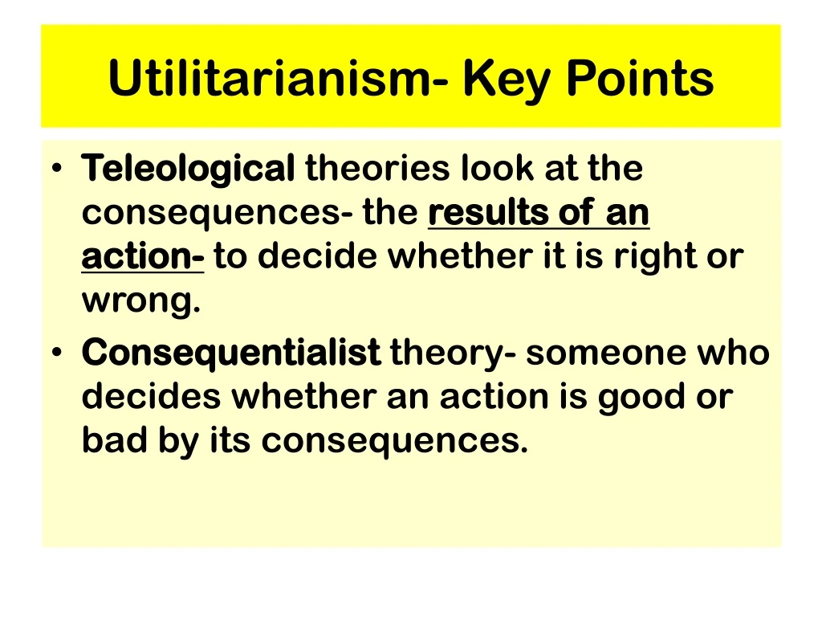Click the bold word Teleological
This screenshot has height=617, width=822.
189,169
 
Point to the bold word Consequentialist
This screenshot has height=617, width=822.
231,353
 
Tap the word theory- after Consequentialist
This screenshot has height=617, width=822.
452,353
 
